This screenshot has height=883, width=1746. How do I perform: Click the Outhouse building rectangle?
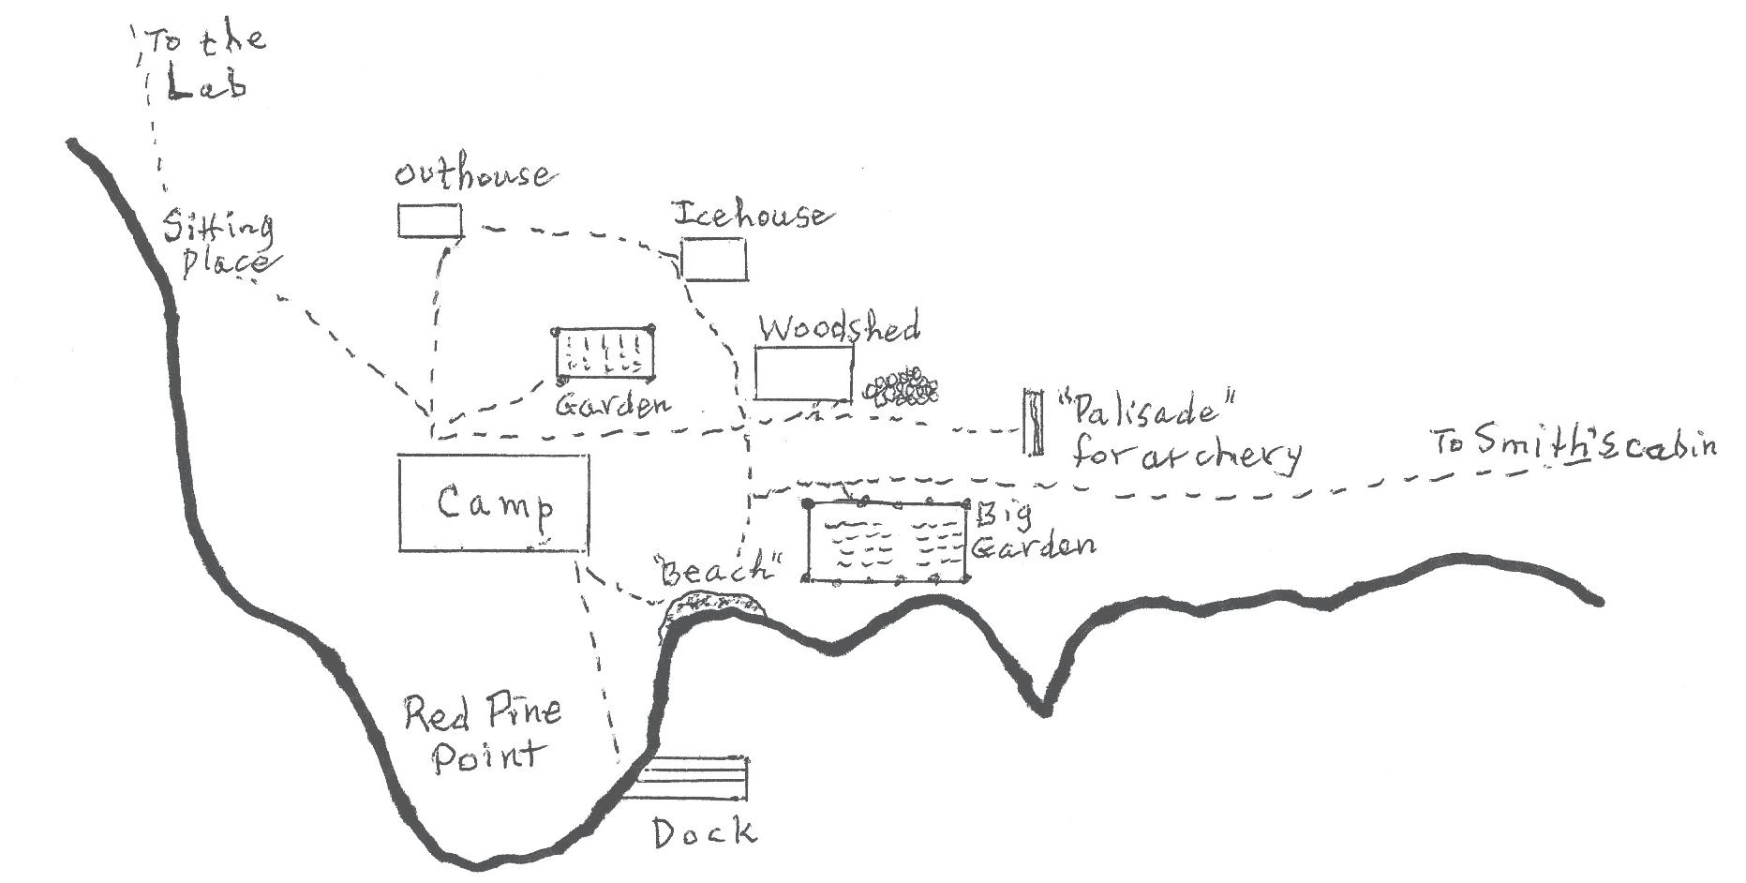point(429,221)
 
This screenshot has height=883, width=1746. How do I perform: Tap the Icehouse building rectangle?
point(714,260)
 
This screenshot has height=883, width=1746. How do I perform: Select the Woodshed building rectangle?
point(804,373)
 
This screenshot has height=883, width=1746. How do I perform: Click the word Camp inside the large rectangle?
point(495,505)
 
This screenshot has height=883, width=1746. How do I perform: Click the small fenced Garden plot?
point(604,354)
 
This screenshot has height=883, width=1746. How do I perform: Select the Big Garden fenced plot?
point(887,543)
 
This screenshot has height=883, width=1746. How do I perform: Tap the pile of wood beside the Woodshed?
point(901,386)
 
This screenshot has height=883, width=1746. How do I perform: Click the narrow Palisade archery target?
point(1033,422)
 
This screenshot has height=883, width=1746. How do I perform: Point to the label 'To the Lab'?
point(204,62)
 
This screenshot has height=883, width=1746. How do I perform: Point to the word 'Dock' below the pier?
point(703,831)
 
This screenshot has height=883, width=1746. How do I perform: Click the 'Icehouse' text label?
point(751,216)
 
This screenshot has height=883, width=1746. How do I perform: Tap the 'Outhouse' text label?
point(471,174)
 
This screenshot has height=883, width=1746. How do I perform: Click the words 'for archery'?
point(1186,455)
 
